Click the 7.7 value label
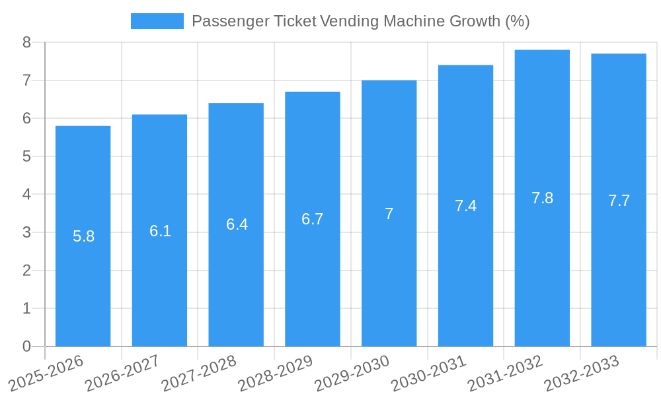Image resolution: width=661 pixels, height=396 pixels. pyautogui.click(x=619, y=201)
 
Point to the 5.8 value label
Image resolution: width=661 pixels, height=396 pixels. pyautogui.click(x=83, y=236)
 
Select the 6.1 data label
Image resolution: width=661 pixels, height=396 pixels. pyautogui.click(x=160, y=231)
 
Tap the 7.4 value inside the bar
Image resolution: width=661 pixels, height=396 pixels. pyautogui.click(x=465, y=206)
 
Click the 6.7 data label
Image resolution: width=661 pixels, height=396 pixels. pyautogui.click(x=312, y=219)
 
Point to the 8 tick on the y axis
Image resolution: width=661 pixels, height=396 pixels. pyautogui.click(x=26, y=42)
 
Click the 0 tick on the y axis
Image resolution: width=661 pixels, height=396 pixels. pyautogui.click(x=26, y=346)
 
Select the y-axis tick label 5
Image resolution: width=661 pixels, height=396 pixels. pyautogui.click(x=26, y=156)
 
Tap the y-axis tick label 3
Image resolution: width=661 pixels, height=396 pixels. pyautogui.click(x=26, y=232)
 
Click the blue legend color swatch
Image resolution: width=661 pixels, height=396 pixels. pyautogui.click(x=157, y=21)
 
